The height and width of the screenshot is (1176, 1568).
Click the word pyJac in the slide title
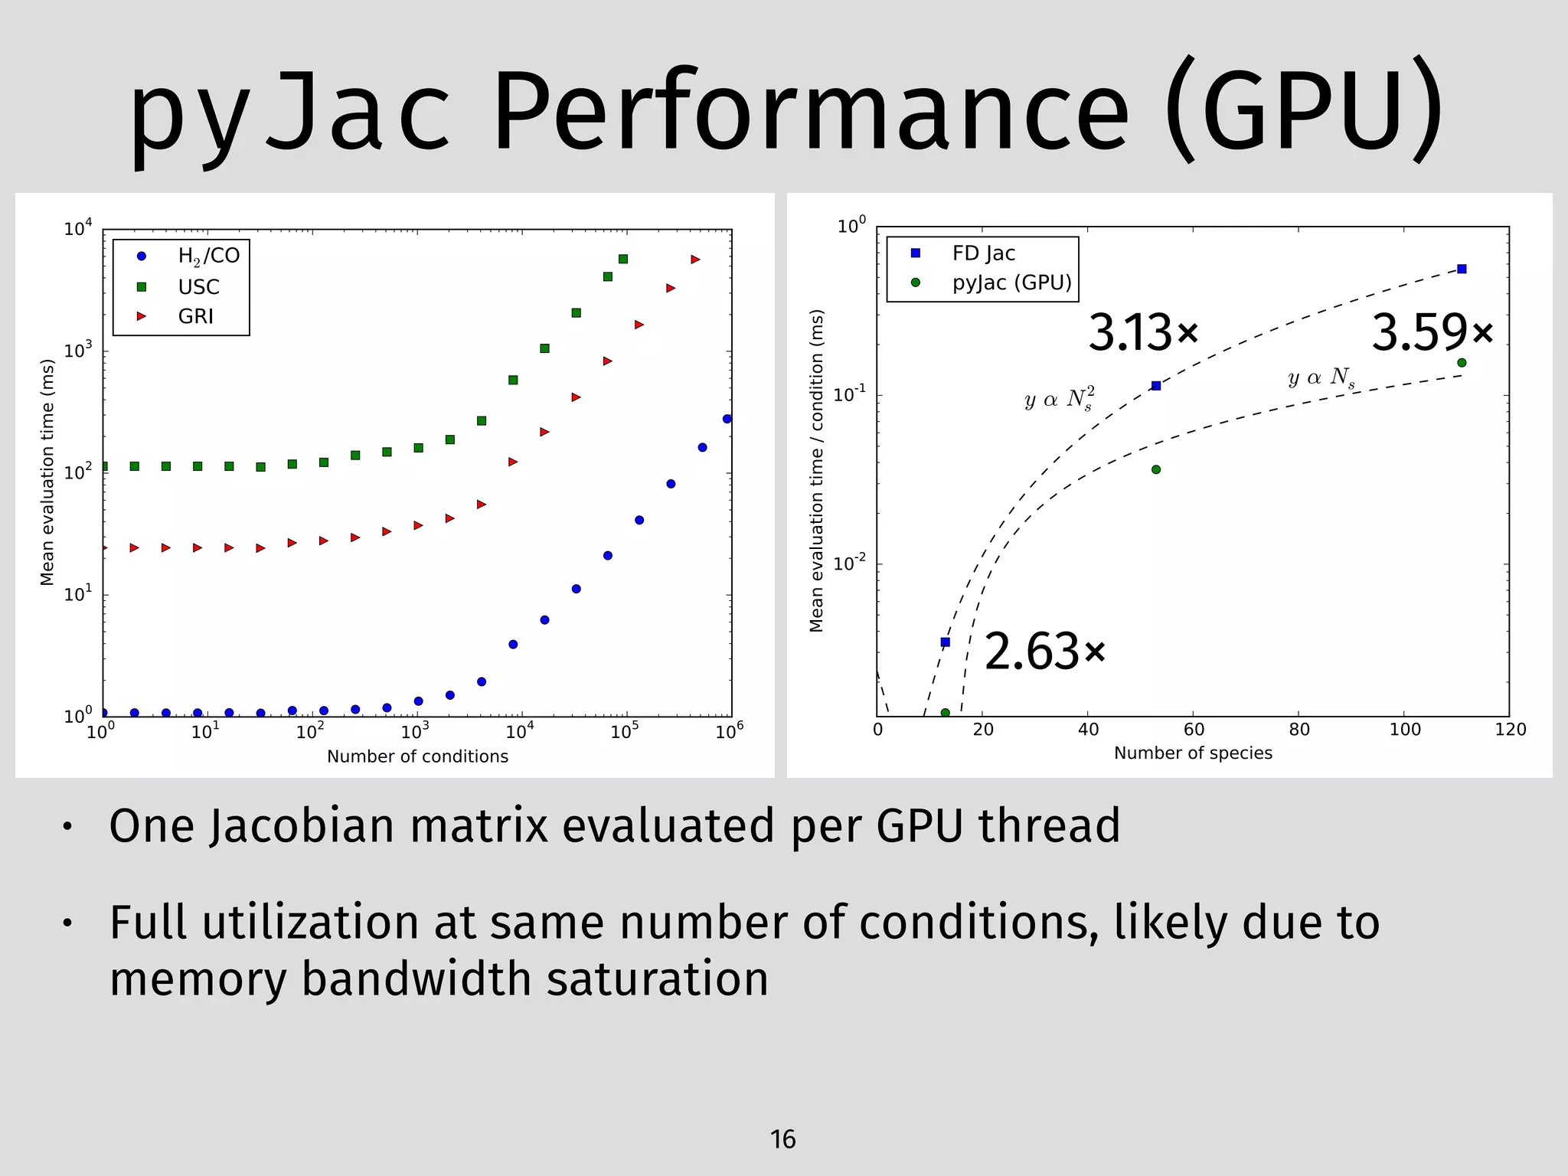tap(291, 111)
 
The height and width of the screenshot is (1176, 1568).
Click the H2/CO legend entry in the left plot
tap(207, 256)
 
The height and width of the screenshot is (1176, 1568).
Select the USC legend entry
tap(198, 286)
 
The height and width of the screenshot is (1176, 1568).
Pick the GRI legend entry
tap(195, 316)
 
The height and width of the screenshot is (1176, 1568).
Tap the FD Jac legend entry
tap(983, 253)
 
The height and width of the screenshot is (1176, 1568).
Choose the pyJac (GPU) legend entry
tap(1011, 283)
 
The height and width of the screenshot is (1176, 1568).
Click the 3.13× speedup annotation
tap(1142, 333)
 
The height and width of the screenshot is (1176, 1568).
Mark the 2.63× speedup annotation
tap(1044, 652)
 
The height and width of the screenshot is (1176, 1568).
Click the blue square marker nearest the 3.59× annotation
tap(1462, 269)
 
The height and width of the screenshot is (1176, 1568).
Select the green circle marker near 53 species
tap(1156, 469)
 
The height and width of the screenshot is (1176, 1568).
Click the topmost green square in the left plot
tap(623, 259)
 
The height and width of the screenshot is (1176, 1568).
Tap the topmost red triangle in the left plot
tap(695, 260)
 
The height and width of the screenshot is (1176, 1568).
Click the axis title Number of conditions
tap(417, 756)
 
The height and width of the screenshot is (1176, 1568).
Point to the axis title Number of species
tap(1193, 753)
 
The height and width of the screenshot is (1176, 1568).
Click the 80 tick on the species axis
tap(1299, 730)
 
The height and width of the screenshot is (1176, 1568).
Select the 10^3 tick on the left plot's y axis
tap(77, 351)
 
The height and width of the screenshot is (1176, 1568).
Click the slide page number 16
tap(782, 1139)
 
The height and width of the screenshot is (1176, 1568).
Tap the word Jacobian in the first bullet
tap(302, 826)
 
